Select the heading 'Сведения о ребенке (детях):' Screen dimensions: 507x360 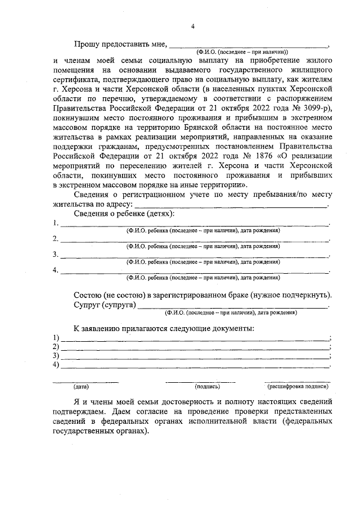[x=124, y=214]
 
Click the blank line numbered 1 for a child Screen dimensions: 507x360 [x=194, y=224]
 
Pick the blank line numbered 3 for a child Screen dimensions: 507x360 [x=194, y=256]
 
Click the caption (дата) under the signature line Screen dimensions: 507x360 [x=81, y=387]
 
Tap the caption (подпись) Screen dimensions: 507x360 [x=208, y=387]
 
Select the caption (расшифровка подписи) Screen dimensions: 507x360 [x=297, y=387]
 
